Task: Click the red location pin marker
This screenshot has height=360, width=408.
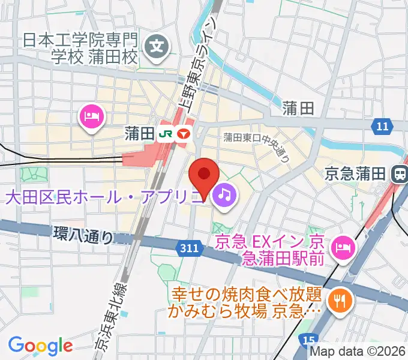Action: [x=204, y=175]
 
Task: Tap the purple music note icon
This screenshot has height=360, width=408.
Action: [x=224, y=194]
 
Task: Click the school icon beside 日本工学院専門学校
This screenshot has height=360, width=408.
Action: [x=158, y=44]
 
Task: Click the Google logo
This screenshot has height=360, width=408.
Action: [x=40, y=345]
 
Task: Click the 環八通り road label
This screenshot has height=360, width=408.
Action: [x=83, y=235]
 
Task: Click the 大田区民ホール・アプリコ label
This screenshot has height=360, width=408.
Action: [x=102, y=196]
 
